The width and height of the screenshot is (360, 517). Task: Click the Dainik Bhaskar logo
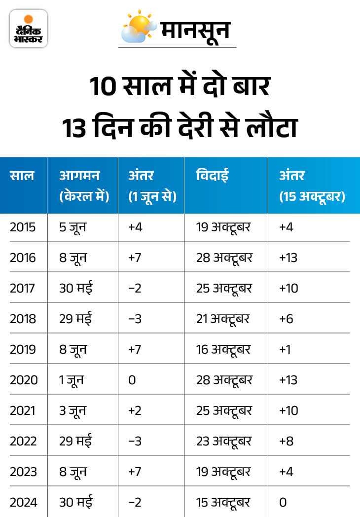[x=29, y=29]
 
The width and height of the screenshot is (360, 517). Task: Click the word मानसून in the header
[x=196, y=30]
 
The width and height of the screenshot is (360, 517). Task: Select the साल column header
[x=22, y=175]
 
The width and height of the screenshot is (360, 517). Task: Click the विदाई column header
[x=213, y=175]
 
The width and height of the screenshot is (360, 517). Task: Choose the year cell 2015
[x=23, y=227]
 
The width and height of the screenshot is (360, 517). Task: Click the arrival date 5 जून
[x=73, y=227]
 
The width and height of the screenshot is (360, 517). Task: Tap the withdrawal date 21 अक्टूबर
[x=223, y=319]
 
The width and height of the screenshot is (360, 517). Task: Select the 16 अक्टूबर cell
[x=223, y=349]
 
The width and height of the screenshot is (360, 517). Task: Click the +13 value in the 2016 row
[x=288, y=258]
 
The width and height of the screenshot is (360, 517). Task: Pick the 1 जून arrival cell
[x=72, y=380]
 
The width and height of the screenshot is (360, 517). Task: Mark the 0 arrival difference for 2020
[x=132, y=380]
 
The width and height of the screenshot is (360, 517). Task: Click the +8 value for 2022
[x=286, y=441]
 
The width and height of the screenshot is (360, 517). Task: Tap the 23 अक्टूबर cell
[x=224, y=441]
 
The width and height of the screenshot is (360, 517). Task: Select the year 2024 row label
[x=23, y=502]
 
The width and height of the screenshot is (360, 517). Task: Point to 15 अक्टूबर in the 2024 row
[x=223, y=502]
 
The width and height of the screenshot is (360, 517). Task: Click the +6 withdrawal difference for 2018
[x=286, y=319]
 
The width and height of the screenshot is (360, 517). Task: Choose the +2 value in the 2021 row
[x=134, y=410]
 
